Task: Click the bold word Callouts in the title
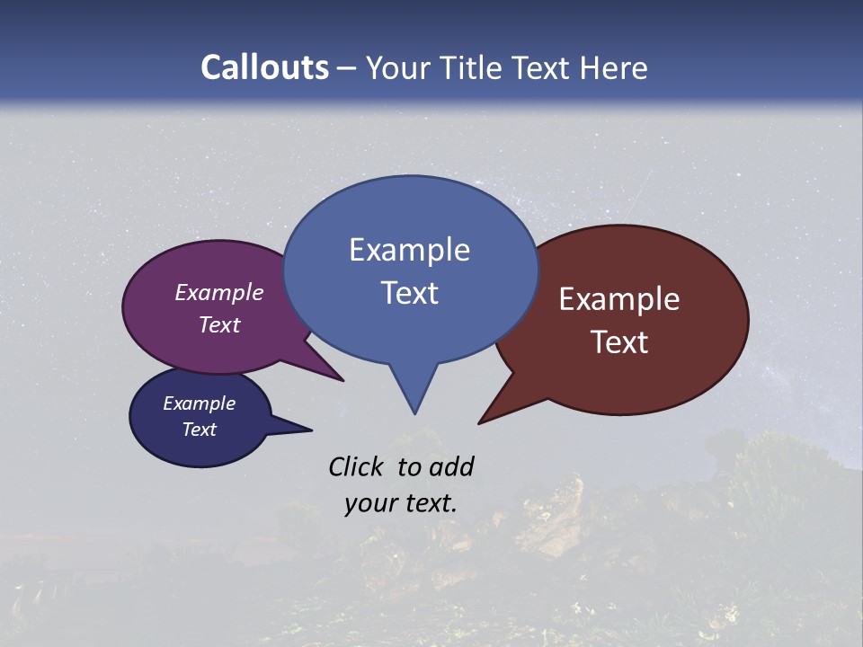264,68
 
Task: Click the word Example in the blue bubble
409,250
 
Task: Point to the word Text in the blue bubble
409,293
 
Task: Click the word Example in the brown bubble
619,299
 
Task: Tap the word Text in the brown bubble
619,342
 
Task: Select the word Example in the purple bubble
219,293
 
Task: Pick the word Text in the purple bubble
219,324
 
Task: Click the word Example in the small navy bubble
199,403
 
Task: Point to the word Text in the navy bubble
199,430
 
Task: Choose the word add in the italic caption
451,466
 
